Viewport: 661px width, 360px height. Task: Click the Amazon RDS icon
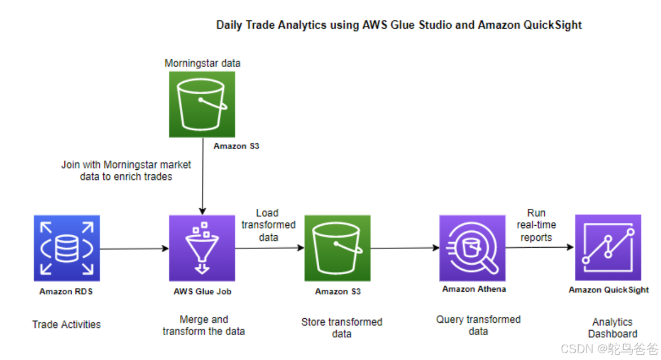(x=67, y=248)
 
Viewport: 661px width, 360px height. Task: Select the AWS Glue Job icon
(x=202, y=248)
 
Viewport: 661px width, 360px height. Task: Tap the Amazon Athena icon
(x=473, y=248)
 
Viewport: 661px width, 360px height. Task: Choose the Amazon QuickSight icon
(x=608, y=248)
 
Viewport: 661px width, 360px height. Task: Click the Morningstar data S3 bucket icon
(x=202, y=104)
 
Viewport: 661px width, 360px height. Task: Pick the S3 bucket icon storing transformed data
(x=337, y=248)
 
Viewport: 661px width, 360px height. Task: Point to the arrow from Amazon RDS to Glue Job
(x=134, y=248)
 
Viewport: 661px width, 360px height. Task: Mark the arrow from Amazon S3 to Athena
(x=405, y=248)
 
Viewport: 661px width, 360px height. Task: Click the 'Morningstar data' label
(x=202, y=63)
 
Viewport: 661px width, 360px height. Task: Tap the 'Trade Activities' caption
(x=67, y=324)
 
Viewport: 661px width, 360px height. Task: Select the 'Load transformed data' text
(x=268, y=225)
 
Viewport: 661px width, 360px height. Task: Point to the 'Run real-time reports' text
(x=536, y=225)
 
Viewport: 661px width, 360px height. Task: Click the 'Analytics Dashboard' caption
(x=612, y=328)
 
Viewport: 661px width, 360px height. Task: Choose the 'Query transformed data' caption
(x=478, y=326)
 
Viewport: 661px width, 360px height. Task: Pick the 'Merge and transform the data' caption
(x=204, y=326)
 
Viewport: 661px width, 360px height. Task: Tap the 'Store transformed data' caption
(x=342, y=328)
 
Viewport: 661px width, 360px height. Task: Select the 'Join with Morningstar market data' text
(x=126, y=170)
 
